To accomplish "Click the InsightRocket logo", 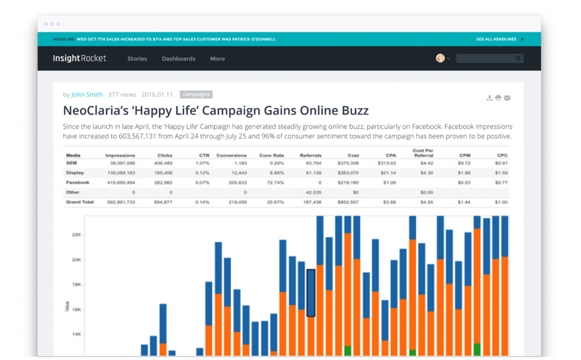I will point(79,58).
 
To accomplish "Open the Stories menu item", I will point(137,59).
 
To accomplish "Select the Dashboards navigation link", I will point(178,59).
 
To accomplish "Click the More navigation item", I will point(217,59).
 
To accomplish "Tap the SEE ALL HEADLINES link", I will point(496,40).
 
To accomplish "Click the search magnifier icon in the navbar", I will point(518,58).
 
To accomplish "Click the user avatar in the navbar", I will point(440,58).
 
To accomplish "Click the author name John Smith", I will point(87,95).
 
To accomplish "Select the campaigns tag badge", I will point(196,95).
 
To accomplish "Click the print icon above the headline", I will point(498,98).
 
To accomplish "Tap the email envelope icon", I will point(507,98).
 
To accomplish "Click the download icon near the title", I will point(489,98).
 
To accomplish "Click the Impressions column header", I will point(120,155).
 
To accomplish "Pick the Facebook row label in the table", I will point(78,183).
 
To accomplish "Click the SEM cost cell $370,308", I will point(347,163).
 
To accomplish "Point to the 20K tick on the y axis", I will point(77,260).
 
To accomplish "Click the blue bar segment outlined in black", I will point(311,293).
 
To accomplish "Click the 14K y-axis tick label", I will point(77,334).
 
